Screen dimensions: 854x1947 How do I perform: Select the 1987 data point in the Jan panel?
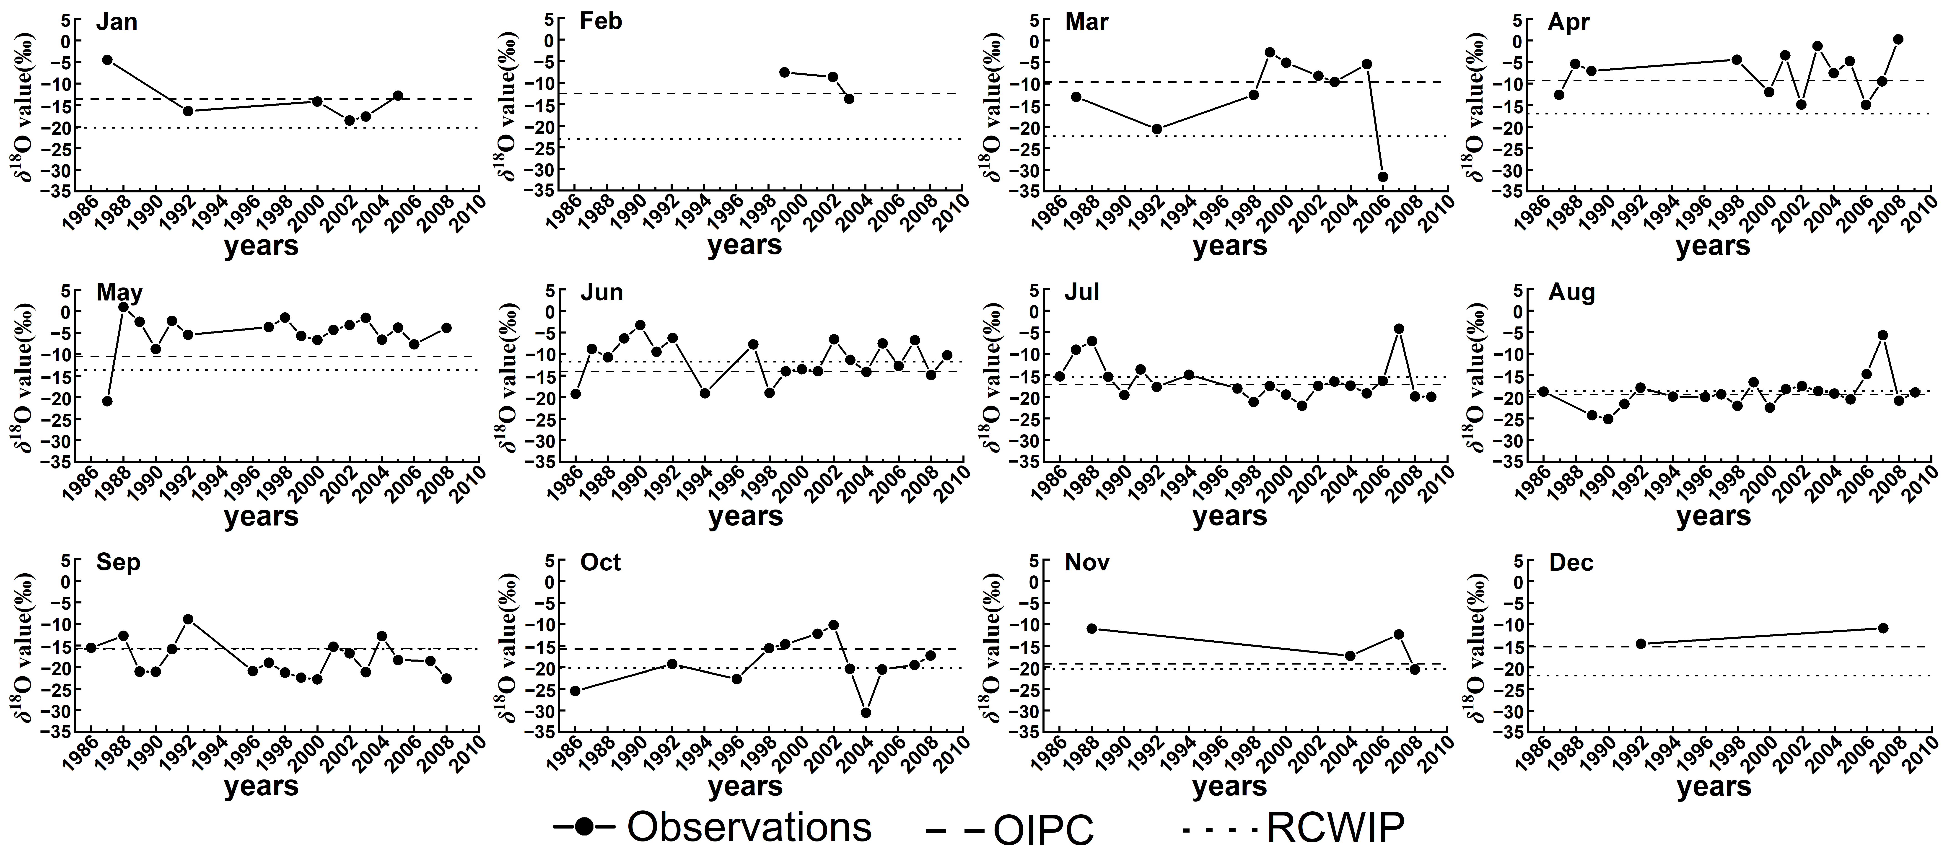107,60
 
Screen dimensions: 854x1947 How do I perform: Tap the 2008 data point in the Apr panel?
1898,39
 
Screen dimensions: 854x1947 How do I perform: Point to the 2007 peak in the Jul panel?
1399,329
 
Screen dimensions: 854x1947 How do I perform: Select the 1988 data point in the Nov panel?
1091,629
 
